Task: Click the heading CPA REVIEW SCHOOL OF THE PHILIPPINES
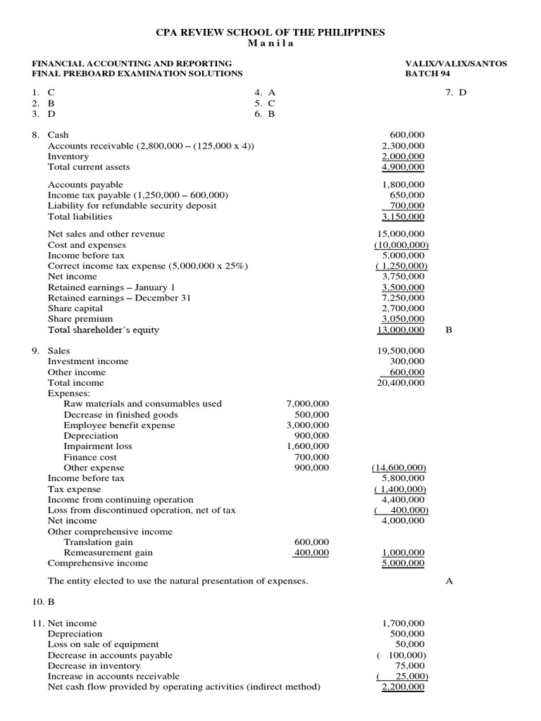pyautogui.click(x=270, y=32)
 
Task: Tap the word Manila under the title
pyautogui.click(x=270, y=43)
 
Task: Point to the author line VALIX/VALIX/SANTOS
pyautogui.click(x=456, y=63)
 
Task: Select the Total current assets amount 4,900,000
pyautogui.click(x=403, y=168)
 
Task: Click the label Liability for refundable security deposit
pyautogui.click(x=132, y=206)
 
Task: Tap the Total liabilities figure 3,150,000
pyautogui.click(x=403, y=217)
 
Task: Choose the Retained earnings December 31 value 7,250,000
pyautogui.click(x=403, y=298)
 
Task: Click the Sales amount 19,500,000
pyautogui.click(x=402, y=351)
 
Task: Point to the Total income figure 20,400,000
pyautogui.click(x=402, y=383)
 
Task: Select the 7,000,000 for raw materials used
pyautogui.click(x=308, y=404)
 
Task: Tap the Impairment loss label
pyautogui.click(x=98, y=446)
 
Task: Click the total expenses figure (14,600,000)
pyautogui.click(x=399, y=468)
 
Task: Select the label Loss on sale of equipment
pyautogui.click(x=103, y=644)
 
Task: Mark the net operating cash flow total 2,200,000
pyautogui.click(x=403, y=687)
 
